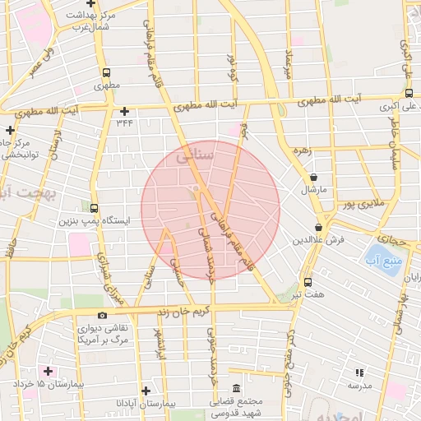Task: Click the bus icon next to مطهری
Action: [105, 72]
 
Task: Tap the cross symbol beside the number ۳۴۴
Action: [124, 111]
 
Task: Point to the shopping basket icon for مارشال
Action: [313, 177]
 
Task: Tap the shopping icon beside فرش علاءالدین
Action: [318, 227]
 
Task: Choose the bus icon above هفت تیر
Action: [308, 282]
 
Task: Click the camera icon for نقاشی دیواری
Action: [102, 315]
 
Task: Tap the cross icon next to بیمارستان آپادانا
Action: [146, 391]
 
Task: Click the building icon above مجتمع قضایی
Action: [237, 388]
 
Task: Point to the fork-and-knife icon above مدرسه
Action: [359, 372]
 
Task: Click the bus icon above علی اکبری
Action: [409, 93]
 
